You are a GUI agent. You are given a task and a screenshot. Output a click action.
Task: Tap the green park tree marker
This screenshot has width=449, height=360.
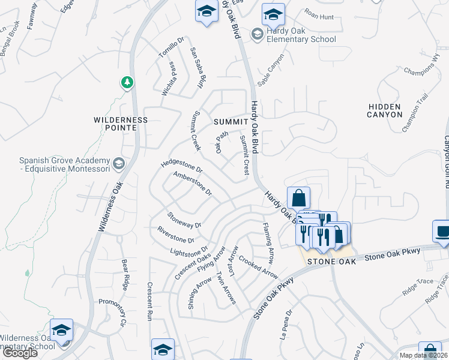tap(127, 82)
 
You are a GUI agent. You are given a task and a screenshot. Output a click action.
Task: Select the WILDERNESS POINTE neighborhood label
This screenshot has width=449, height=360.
tap(121, 124)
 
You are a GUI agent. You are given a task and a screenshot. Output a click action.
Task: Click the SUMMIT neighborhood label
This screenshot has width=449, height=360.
tap(231, 122)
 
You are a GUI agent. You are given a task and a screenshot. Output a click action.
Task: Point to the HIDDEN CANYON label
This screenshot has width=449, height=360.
tap(385, 110)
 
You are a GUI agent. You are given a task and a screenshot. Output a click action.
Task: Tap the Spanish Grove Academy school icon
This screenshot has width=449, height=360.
tap(119, 163)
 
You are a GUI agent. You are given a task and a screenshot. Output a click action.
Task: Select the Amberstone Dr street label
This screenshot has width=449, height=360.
tap(193, 184)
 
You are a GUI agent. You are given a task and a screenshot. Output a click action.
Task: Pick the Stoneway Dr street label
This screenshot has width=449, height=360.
tap(184, 220)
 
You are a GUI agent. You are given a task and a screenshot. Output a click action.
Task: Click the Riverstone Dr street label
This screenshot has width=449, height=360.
tap(176, 235)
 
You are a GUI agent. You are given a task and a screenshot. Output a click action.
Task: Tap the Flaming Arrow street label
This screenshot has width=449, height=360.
tap(268, 243)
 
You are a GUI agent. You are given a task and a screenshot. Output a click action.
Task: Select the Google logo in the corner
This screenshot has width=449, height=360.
tap(20, 353)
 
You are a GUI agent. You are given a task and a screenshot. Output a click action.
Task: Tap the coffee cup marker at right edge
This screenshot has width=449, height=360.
tap(443, 232)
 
